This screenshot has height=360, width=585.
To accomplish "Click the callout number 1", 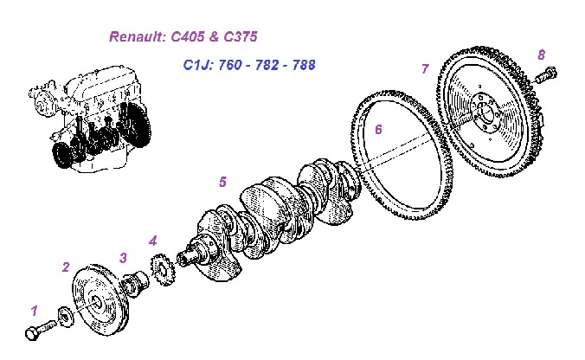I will (35, 310).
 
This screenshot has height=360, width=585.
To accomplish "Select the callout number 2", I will (65, 267).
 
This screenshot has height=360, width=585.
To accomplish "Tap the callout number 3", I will (123, 257).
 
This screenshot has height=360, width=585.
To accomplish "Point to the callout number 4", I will (152, 240).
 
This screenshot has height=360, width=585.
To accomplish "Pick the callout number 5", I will (222, 182).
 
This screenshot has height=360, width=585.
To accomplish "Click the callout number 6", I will (377, 130).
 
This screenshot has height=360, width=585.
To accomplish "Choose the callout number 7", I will (425, 69).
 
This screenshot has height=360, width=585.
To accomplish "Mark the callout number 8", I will (541, 55).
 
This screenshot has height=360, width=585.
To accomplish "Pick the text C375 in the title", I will (238, 37).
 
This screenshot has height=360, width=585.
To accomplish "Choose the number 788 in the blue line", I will (303, 65).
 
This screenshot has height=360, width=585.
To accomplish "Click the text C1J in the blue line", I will (196, 65).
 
